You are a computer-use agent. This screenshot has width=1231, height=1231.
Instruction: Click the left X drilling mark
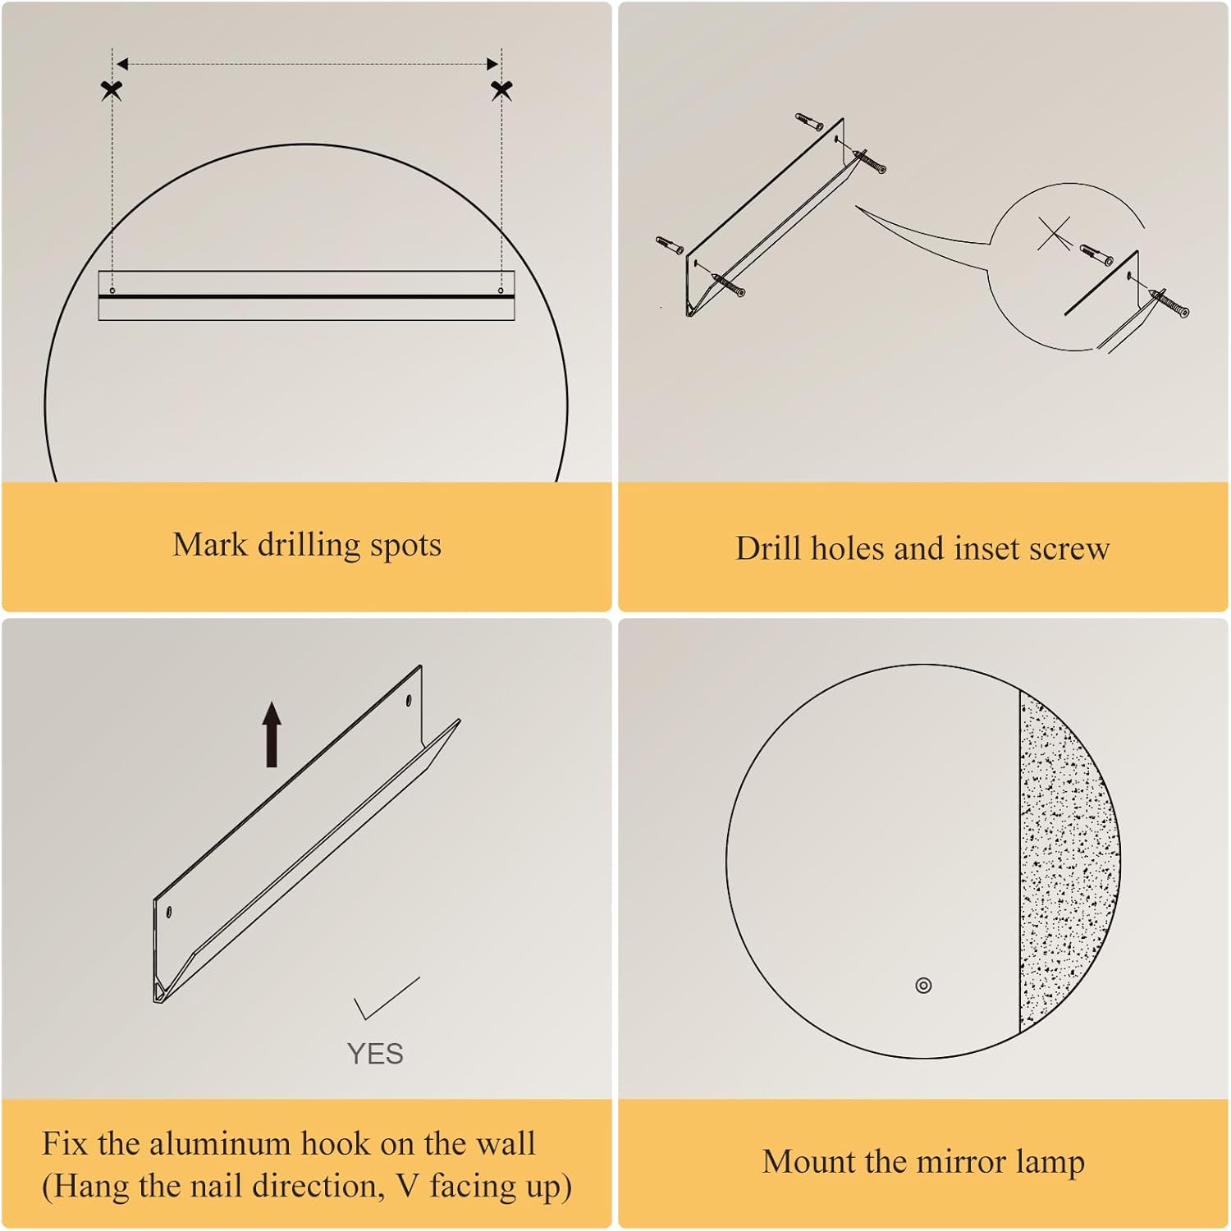pyautogui.click(x=112, y=90)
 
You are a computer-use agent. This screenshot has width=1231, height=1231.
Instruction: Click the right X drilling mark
pyautogui.click(x=501, y=90)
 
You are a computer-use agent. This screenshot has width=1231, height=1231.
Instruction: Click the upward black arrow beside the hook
pyautogui.click(x=272, y=734)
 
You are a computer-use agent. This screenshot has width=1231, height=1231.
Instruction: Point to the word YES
pyautogui.click(x=375, y=1054)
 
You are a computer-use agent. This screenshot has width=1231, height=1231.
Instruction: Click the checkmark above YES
pyautogui.click(x=386, y=997)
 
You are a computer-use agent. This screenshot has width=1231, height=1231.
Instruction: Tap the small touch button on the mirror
pyautogui.click(x=923, y=985)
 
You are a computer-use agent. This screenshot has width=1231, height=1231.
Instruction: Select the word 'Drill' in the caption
pyautogui.click(x=768, y=548)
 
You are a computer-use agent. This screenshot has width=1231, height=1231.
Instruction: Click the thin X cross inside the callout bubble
pyautogui.click(x=1055, y=235)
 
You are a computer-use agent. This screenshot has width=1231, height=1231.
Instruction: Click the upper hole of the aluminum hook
pyautogui.click(x=409, y=702)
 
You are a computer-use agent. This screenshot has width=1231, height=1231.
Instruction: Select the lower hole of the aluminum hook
pyautogui.click(x=169, y=912)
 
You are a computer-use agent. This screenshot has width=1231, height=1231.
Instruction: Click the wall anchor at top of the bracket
pyautogui.click(x=809, y=122)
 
